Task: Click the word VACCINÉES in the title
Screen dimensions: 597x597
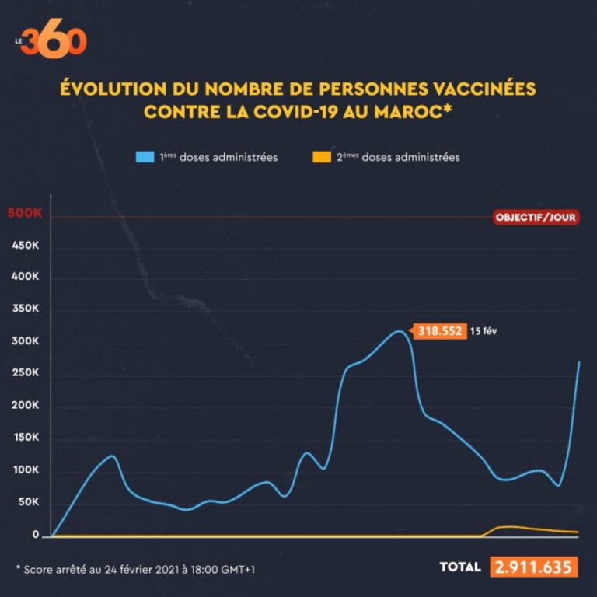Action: point(480,88)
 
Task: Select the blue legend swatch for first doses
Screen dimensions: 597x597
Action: point(145,157)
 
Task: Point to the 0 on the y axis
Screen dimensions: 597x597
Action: point(36,535)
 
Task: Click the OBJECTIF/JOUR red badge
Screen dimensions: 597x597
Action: point(536,218)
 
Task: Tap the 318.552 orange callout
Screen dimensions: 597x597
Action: point(440,331)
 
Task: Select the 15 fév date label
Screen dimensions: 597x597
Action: point(483,331)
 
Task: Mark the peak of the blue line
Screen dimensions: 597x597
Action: point(398,331)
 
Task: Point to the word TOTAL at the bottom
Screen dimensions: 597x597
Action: point(459,567)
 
